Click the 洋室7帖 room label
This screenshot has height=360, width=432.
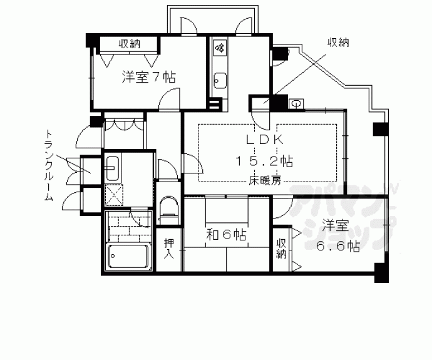pos(149,77)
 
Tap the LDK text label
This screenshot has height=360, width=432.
pos(265,140)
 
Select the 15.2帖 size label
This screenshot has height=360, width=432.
pos(264,161)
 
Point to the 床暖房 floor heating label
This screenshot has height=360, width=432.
pos(265,181)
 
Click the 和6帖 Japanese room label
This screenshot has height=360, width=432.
pos(226,235)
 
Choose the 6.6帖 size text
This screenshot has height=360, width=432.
pos(338,246)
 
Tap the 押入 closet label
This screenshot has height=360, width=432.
pos(169,249)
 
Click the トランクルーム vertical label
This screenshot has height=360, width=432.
pos(48,165)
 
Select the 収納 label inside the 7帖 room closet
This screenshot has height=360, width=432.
pos(130,44)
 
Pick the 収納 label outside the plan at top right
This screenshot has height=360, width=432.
pos(338,43)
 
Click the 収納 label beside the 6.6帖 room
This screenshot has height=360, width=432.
pos(281,249)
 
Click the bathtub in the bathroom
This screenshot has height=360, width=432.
pos(128,255)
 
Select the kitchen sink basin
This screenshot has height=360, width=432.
pos(220,80)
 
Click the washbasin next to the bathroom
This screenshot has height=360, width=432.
pos(113,168)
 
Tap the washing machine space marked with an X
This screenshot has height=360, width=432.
pos(114,194)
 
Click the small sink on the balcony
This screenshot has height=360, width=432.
pos(296,104)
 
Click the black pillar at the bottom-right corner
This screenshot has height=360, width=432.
pos(381,273)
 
